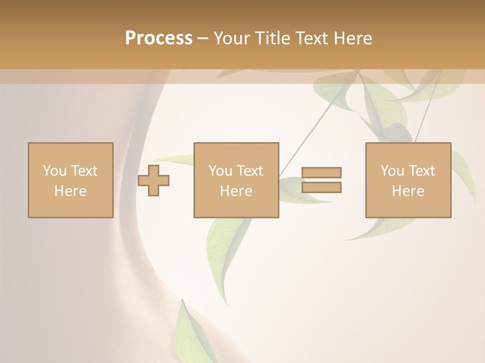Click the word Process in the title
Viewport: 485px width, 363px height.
coord(159,38)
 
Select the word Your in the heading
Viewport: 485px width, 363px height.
coord(232,38)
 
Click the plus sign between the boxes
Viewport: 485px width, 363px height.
coord(154,180)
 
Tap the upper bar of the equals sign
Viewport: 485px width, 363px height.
coord(321,172)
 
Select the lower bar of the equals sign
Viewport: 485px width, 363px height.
coord(321,188)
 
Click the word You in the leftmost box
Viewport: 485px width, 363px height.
coord(54,171)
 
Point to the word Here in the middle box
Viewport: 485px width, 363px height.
coord(236,191)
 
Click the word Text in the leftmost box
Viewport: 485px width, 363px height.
coord(84,171)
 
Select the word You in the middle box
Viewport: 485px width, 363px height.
coord(220,171)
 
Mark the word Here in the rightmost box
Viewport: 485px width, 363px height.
coord(408,191)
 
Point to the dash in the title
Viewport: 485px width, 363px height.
coord(203,38)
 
